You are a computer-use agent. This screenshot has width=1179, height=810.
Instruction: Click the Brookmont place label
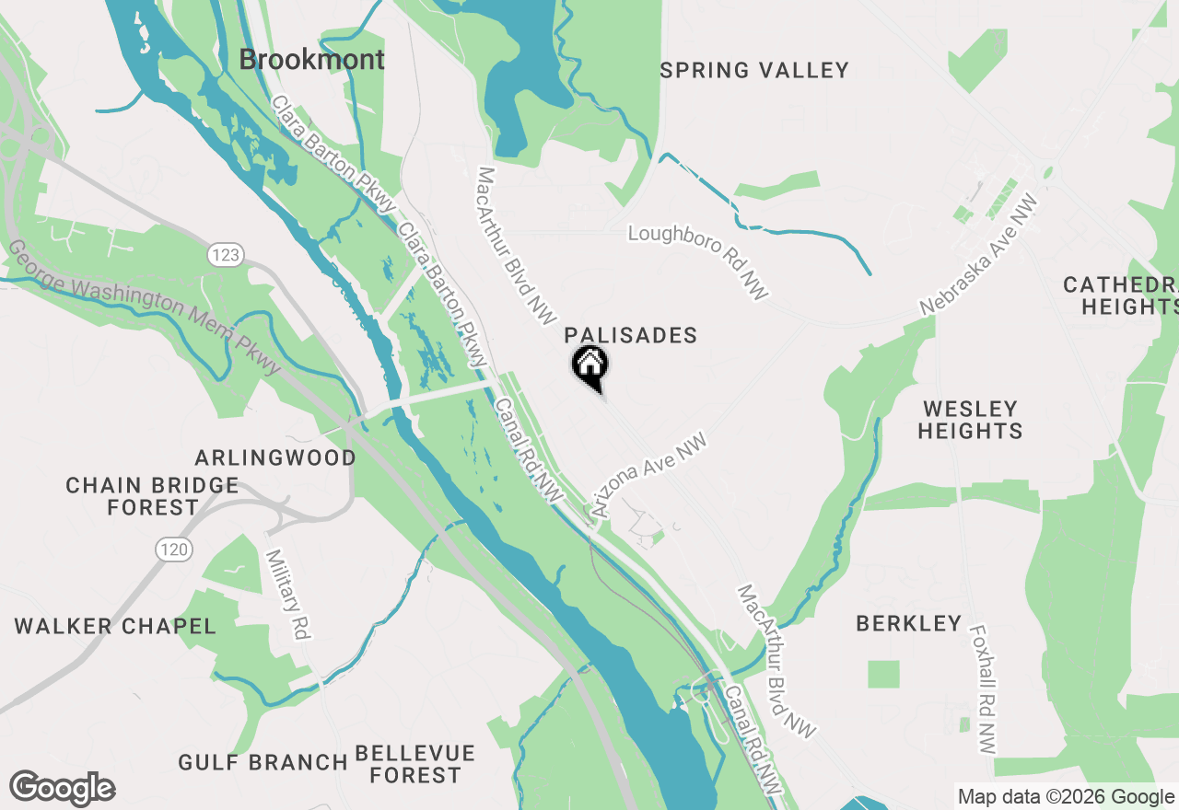coord(311,60)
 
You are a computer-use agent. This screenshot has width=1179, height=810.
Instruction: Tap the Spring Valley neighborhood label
coord(754,70)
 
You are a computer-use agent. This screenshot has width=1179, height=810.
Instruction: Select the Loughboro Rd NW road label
coord(697,260)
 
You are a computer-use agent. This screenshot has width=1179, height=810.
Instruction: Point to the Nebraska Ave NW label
coord(977,255)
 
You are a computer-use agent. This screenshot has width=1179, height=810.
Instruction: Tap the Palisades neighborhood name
coord(631,336)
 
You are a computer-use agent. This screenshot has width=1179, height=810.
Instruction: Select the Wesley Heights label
coord(970,420)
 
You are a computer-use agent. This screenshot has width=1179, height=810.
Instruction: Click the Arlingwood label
coord(275,457)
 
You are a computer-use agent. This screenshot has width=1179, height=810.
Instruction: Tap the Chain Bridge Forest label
coord(152,496)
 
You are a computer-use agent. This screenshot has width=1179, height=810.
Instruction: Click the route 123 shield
coord(226,256)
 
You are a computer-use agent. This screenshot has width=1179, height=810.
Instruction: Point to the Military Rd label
coord(286,594)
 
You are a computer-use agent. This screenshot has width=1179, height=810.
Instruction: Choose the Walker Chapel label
coord(115,627)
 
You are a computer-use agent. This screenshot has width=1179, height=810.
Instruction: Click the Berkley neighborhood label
coord(908,624)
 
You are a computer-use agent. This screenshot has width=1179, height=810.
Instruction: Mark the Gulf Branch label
coord(263,762)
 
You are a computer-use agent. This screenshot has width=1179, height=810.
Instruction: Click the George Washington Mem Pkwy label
coord(145,306)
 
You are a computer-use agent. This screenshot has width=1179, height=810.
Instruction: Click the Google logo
coord(62,789)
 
